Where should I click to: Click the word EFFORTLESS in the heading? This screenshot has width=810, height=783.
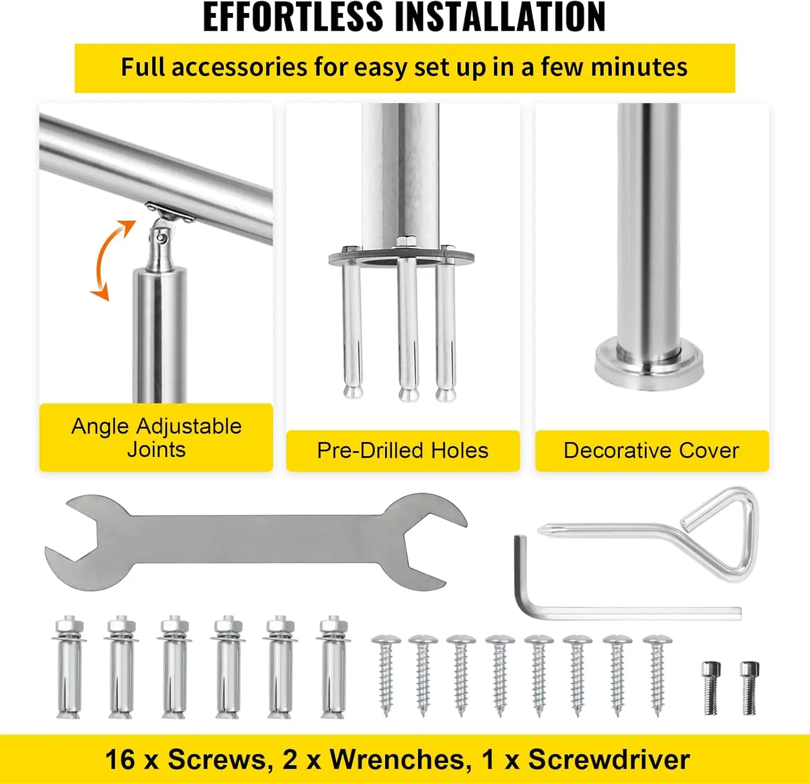(292, 18)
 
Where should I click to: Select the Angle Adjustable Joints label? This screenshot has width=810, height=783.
(156, 438)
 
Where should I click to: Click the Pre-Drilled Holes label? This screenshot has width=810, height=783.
(402, 451)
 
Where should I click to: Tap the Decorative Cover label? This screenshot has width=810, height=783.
(651, 451)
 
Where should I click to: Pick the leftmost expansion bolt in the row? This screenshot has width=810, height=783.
(69, 667)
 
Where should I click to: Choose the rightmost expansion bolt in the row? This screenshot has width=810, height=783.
(333, 667)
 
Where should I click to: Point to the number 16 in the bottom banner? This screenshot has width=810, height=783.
(120, 759)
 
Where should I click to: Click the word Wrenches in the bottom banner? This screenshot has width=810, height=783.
(398, 759)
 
